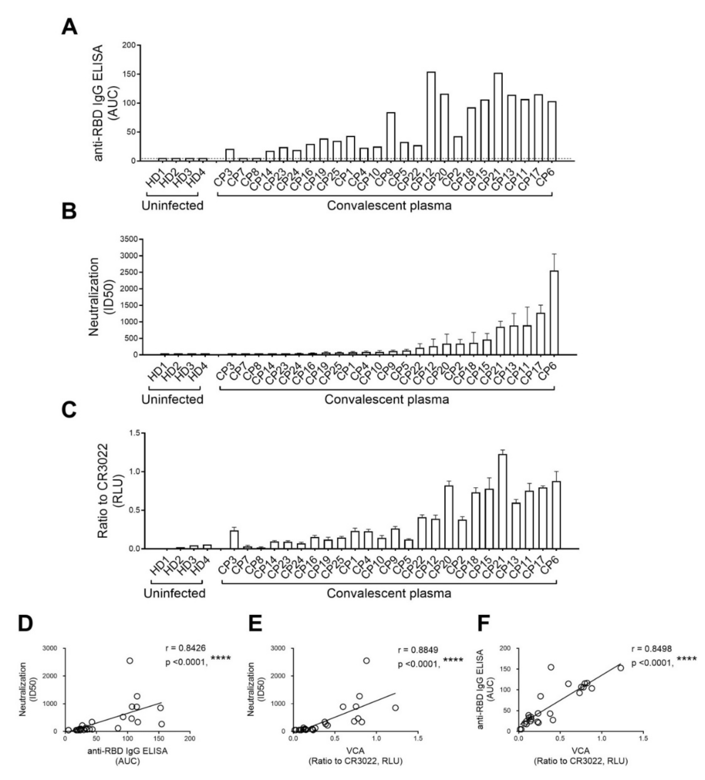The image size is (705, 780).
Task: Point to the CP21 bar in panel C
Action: [503, 502]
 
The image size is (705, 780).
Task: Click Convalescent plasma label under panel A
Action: [389, 205]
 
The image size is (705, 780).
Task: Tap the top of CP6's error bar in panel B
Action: [554, 254]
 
